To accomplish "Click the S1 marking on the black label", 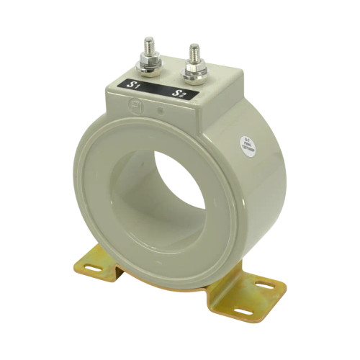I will click(x=134, y=86).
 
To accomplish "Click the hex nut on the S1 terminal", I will click(x=150, y=66).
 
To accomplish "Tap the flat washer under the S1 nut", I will click(x=150, y=72).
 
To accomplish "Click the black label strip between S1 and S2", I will click(x=156, y=89).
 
